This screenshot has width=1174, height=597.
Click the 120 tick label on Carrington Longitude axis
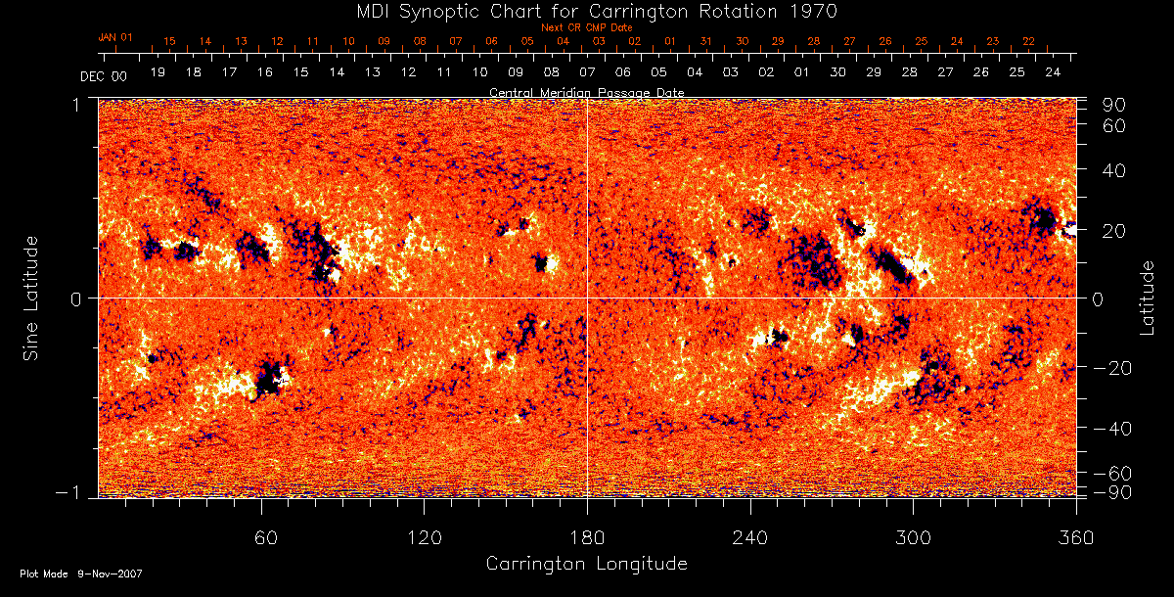pos(424,538)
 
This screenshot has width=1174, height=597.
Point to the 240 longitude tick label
pos(750,538)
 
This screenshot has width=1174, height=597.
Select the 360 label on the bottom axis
pos(1076,538)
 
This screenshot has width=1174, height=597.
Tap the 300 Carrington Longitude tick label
pos(913,538)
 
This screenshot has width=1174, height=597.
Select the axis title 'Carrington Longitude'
pos(586,565)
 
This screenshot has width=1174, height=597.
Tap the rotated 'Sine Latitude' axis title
pos(32,298)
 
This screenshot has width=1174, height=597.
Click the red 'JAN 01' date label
pos(115,36)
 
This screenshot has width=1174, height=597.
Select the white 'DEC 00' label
pos(103,75)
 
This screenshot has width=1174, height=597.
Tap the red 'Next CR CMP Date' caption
pos(586,27)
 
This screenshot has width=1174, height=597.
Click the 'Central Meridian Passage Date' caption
pos(586,92)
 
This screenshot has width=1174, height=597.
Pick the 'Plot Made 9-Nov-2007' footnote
pos(81,574)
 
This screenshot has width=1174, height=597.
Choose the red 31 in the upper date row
pos(705,41)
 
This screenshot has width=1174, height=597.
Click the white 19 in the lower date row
pos(158,72)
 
